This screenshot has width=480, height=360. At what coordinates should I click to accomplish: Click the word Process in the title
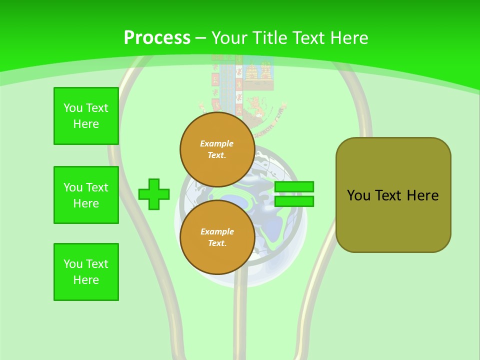157,38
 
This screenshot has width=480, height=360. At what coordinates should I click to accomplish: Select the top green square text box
86,116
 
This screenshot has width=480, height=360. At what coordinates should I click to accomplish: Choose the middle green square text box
86,195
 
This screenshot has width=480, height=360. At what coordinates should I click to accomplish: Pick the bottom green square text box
86,272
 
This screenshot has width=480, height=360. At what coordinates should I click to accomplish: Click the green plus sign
154,194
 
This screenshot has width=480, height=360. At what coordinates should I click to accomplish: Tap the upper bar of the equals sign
294,187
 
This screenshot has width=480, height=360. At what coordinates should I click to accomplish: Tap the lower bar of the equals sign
294,201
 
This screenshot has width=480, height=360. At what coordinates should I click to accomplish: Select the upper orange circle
217,149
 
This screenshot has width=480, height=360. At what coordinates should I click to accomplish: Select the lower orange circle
217,237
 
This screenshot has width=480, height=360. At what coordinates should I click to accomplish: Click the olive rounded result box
393,195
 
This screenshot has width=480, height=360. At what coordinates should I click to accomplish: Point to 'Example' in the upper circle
217,143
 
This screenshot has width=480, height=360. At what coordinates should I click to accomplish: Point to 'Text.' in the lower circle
217,243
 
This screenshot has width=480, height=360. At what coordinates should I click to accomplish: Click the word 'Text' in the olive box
389,195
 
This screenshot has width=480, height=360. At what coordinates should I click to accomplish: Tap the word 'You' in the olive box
358,195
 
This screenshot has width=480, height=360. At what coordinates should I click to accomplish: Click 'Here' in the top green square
86,124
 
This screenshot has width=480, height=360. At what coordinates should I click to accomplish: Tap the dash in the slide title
201,38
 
